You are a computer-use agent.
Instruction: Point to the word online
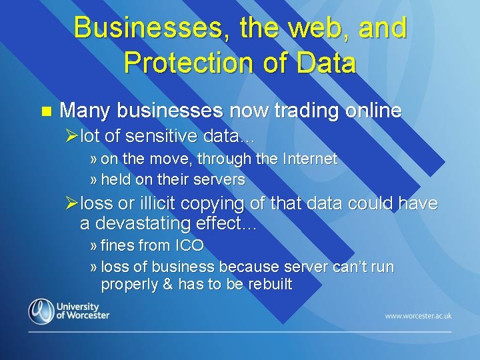pos(373,110)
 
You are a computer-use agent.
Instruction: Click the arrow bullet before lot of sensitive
pos(73,137)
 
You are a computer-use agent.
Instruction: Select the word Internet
pos(310,159)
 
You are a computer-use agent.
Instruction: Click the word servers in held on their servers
pos(221,179)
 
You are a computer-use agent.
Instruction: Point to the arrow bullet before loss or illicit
pos(73,203)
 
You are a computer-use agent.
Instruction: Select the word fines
pos(117,245)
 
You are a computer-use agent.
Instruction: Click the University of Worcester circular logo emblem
pos(41,311)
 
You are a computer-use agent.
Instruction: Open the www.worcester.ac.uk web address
pos(418,315)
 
